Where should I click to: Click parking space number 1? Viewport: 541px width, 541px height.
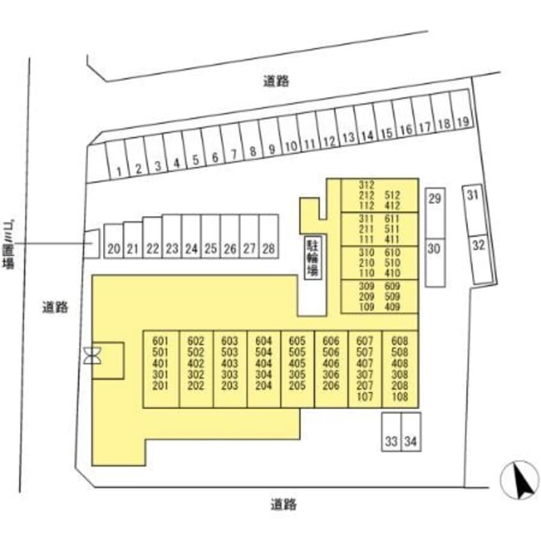(119, 171)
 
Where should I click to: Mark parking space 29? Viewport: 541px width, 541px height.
(435, 199)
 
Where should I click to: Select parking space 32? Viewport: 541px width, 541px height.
(478, 245)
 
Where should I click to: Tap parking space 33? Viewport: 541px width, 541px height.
(391, 441)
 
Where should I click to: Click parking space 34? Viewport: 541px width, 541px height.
(411, 441)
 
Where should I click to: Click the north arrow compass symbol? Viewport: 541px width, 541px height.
(520, 480)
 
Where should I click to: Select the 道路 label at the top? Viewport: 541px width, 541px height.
(276, 81)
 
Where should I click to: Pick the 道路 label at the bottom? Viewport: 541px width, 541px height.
(283, 505)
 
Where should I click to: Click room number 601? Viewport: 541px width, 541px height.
(160, 341)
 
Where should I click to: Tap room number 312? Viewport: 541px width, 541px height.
(366, 185)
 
